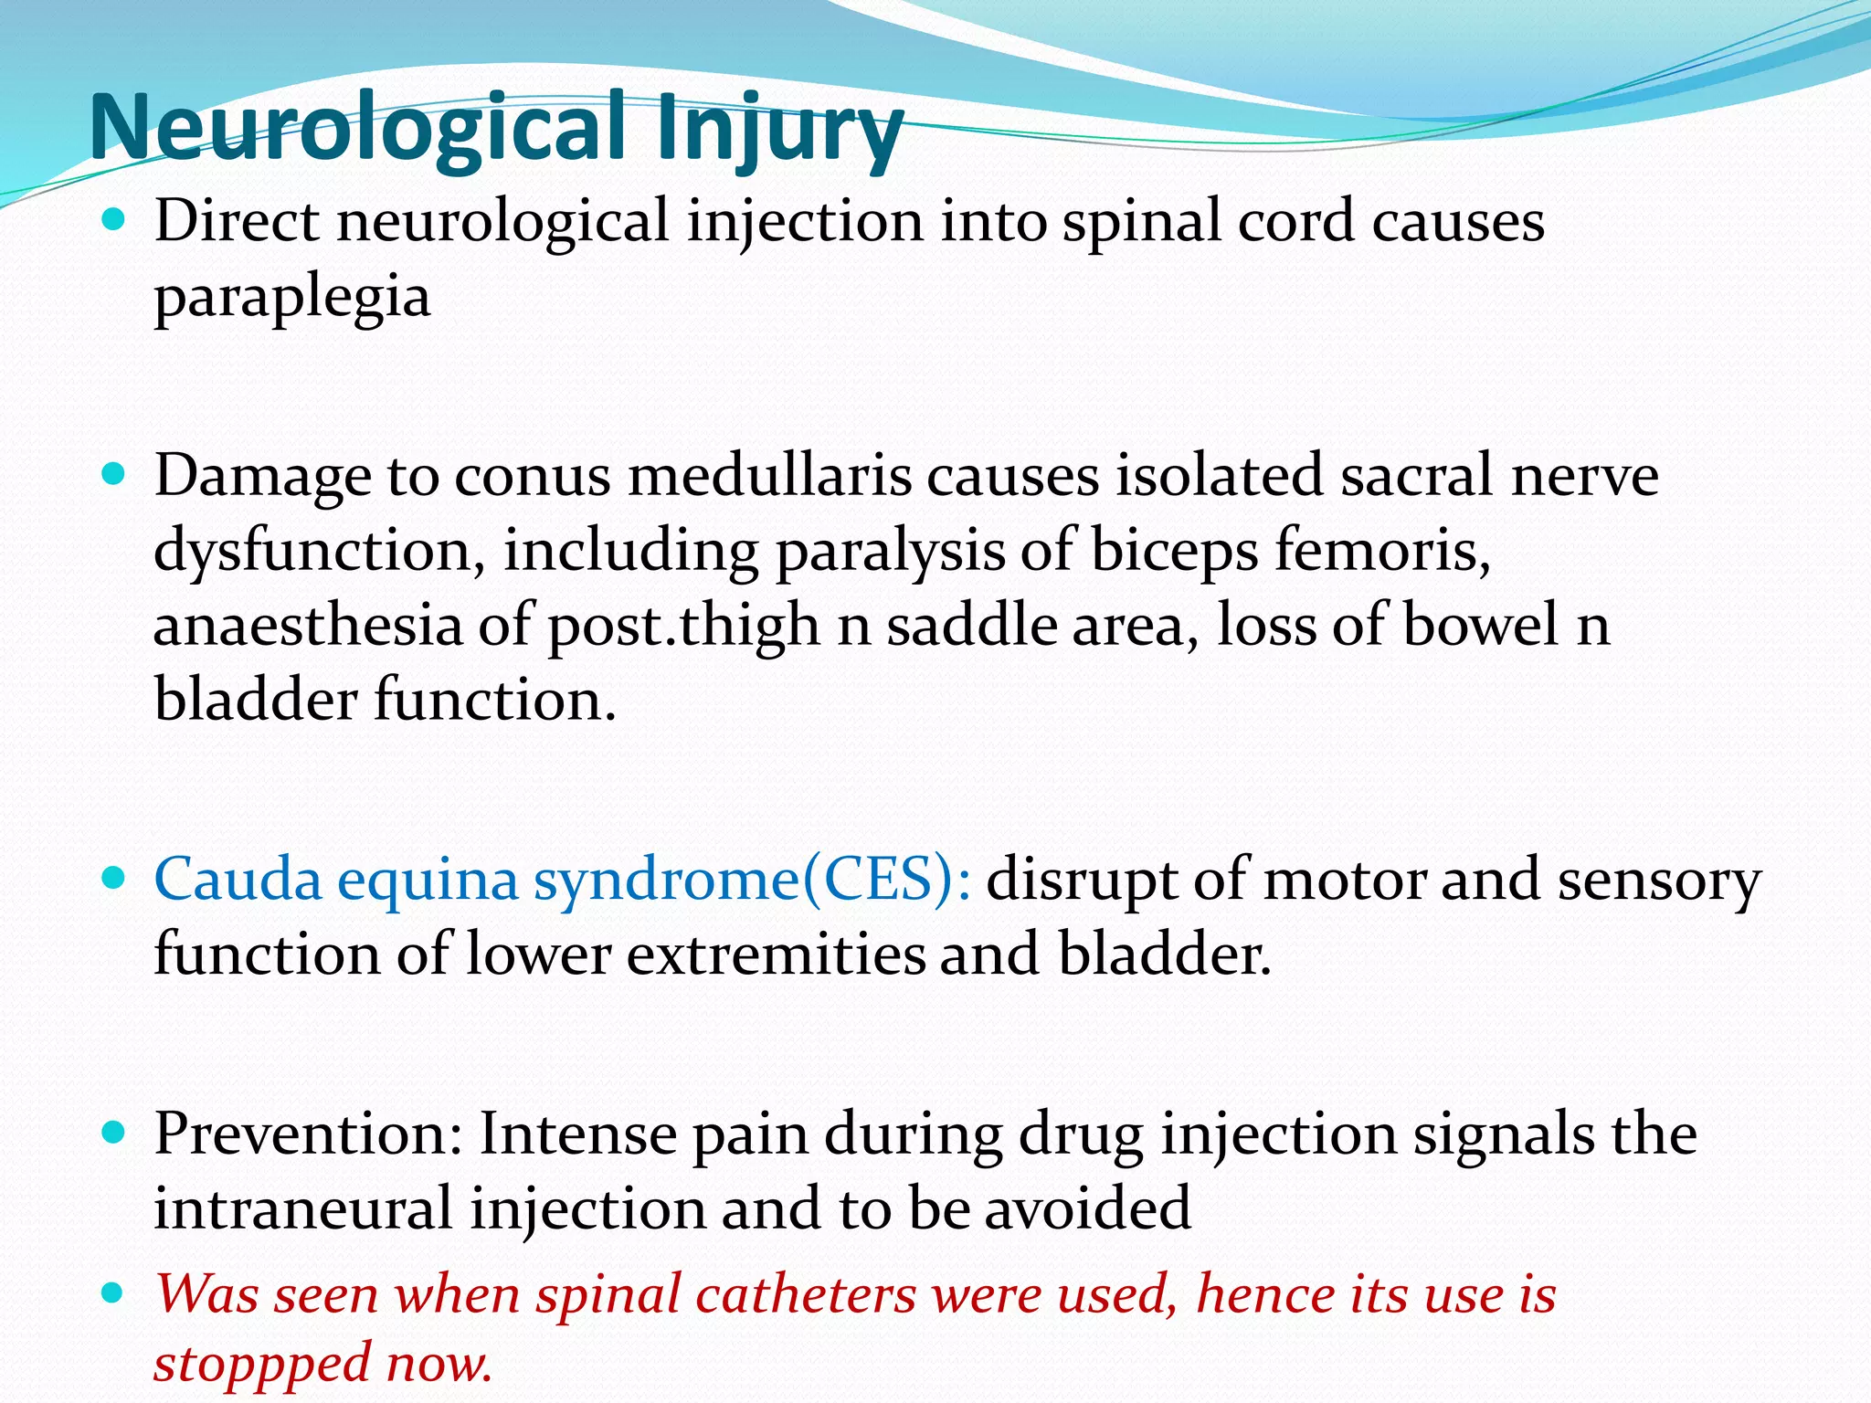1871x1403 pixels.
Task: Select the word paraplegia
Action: pyautogui.click(x=291, y=299)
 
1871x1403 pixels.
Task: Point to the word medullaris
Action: pyautogui.click(x=769, y=476)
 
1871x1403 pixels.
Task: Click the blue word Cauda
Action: pyautogui.click(x=238, y=880)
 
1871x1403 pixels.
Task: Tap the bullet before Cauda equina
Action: pyautogui.click(x=113, y=879)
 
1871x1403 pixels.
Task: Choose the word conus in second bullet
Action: pyautogui.click(x=532, y=476)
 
